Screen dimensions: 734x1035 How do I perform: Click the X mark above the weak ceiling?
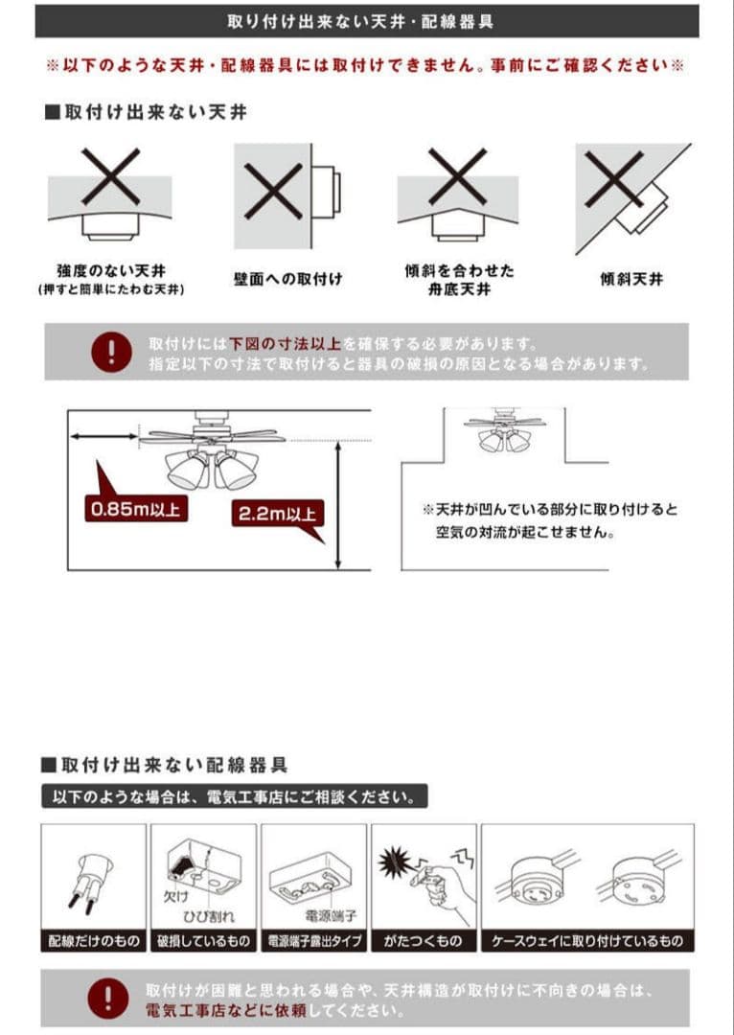click(111, 176)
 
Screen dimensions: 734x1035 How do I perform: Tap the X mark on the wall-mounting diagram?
click(273, 192)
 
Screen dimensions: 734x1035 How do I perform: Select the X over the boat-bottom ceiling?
click(457, 176)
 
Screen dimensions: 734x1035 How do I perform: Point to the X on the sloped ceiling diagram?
click(614, 179)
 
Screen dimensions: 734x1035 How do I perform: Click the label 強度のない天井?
click(111, 270)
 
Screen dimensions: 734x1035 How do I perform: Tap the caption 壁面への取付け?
click(288, 279)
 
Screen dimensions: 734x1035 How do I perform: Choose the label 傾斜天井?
click(631, 279)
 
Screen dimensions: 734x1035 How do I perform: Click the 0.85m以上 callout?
click(135, 510)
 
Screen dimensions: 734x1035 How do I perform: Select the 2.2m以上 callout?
click(277, 514)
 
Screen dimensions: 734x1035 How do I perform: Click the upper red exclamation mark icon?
click(111, 352)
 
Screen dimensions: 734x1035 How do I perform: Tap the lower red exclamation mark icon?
click(108, 998)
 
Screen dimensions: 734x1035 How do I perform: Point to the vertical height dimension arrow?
click(338, 506)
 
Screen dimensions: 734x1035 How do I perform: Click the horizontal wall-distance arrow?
click(103, 436)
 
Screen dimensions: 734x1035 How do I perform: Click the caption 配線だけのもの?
click(94, 941)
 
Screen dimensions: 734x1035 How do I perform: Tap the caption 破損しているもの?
click(203, 941)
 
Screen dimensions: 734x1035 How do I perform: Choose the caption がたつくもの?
click(424, 941)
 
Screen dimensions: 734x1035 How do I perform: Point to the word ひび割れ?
click(209, 916)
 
